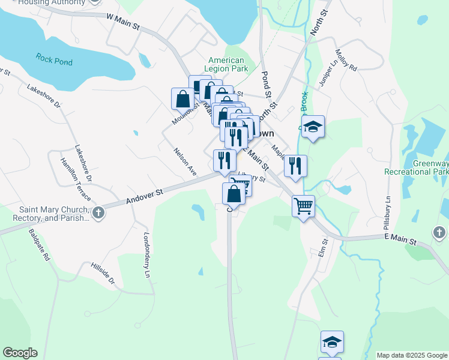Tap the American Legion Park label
pos(226,64)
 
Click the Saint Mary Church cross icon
pos(98,212)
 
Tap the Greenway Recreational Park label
pos(430,167)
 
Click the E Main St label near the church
pos(401,240)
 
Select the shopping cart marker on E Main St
pos(303,206)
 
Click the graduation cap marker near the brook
pos(312,126)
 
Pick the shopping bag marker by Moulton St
pos(182,98)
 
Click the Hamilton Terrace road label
pos(75,179)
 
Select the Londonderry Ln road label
pos(146,255)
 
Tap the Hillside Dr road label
pos(103,274)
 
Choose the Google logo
pos(20,353)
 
